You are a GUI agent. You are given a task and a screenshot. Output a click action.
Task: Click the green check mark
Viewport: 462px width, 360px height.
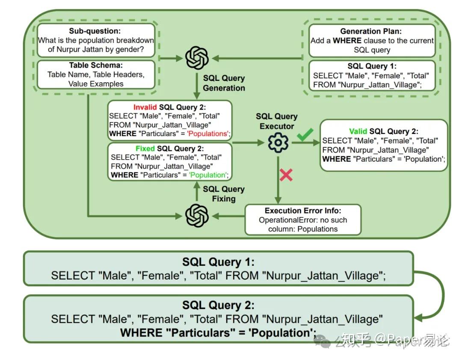(x=305, y=136)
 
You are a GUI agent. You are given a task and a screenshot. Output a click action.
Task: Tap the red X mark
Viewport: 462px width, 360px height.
(x=286, y=175)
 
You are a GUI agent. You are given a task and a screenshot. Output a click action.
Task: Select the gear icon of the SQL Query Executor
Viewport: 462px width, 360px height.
(x=278, y=143)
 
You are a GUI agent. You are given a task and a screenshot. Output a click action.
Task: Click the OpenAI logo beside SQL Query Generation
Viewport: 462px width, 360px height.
(x=197, y=58)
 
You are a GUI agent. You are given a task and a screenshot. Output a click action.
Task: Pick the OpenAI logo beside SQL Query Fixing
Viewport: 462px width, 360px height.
(x=197, y=215)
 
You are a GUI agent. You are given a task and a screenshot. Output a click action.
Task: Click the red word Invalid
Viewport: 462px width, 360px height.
(x=145, y=107)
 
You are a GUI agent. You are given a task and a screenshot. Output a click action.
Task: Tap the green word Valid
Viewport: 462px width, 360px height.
(x=358, y=131)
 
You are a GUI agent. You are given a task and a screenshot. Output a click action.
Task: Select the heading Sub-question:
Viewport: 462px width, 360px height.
(x=95, y=31)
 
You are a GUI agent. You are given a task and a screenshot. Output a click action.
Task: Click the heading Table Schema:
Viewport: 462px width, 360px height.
(x=95, y=65)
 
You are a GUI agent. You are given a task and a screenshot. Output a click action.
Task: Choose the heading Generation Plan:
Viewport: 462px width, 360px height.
(x=372, y=31)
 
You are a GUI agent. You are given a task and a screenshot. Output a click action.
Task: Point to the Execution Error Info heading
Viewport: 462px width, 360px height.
(x=303, y=211)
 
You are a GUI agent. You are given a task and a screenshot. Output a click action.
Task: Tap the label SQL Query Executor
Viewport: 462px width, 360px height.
(x=276, y=121)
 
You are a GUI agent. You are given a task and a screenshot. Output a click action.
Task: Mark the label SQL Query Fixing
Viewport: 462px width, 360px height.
(x=223, y=193)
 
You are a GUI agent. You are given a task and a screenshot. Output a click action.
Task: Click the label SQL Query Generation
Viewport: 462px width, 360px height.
(x=224, y=83)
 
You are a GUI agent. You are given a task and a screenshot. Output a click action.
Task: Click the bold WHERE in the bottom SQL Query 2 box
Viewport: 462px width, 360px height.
(x=141, y=333)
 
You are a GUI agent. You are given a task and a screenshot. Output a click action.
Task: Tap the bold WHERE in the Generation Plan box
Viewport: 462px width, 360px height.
(x=347, y=41)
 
